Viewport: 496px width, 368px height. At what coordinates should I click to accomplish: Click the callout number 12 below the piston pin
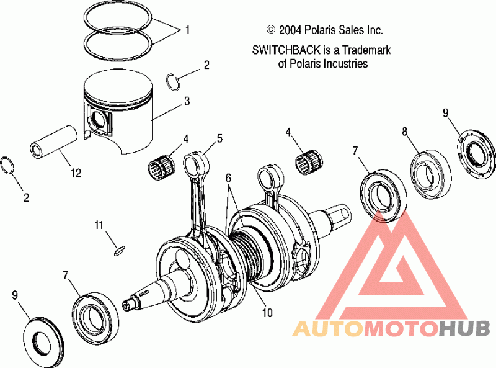tap(76, 173)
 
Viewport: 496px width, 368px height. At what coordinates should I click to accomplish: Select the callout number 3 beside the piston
tap(187, 101)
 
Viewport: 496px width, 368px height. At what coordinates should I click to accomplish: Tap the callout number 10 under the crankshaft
tap(267, 313)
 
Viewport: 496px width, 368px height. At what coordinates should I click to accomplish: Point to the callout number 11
tap(99, 225)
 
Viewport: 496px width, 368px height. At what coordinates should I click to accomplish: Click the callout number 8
tap(405, 132)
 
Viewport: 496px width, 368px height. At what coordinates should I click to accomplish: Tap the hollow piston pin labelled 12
tap(53, 142)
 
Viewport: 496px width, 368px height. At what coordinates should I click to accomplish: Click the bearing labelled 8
tap(431, 175)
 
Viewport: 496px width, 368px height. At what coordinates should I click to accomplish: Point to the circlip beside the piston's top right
tap(173, 82)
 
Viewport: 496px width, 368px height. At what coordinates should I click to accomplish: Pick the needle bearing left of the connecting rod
tap(160, 166)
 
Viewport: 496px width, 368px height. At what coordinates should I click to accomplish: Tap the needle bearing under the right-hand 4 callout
tap(308, 161)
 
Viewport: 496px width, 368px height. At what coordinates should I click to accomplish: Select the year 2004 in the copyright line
tap(290, 30)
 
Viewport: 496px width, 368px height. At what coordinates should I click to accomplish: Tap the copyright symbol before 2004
tap(271, 29)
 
